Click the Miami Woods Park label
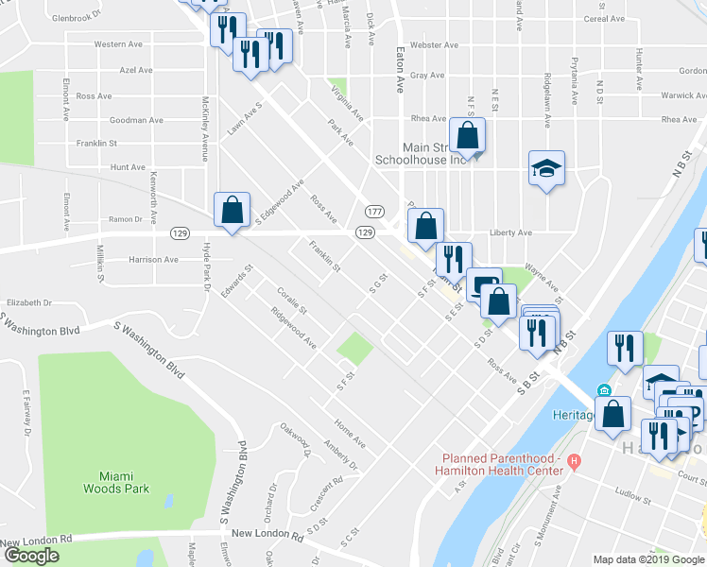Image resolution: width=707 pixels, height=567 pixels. (x=124, y=482)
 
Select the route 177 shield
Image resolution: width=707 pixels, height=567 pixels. (x=375, y=211)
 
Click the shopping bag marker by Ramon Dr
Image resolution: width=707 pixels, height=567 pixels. (x=232, y=212)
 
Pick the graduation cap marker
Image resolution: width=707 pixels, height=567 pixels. (x=546, y=169)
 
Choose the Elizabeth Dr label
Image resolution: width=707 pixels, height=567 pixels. (x=27, y=302)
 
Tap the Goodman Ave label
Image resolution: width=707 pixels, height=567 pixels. (x=136, y=120)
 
